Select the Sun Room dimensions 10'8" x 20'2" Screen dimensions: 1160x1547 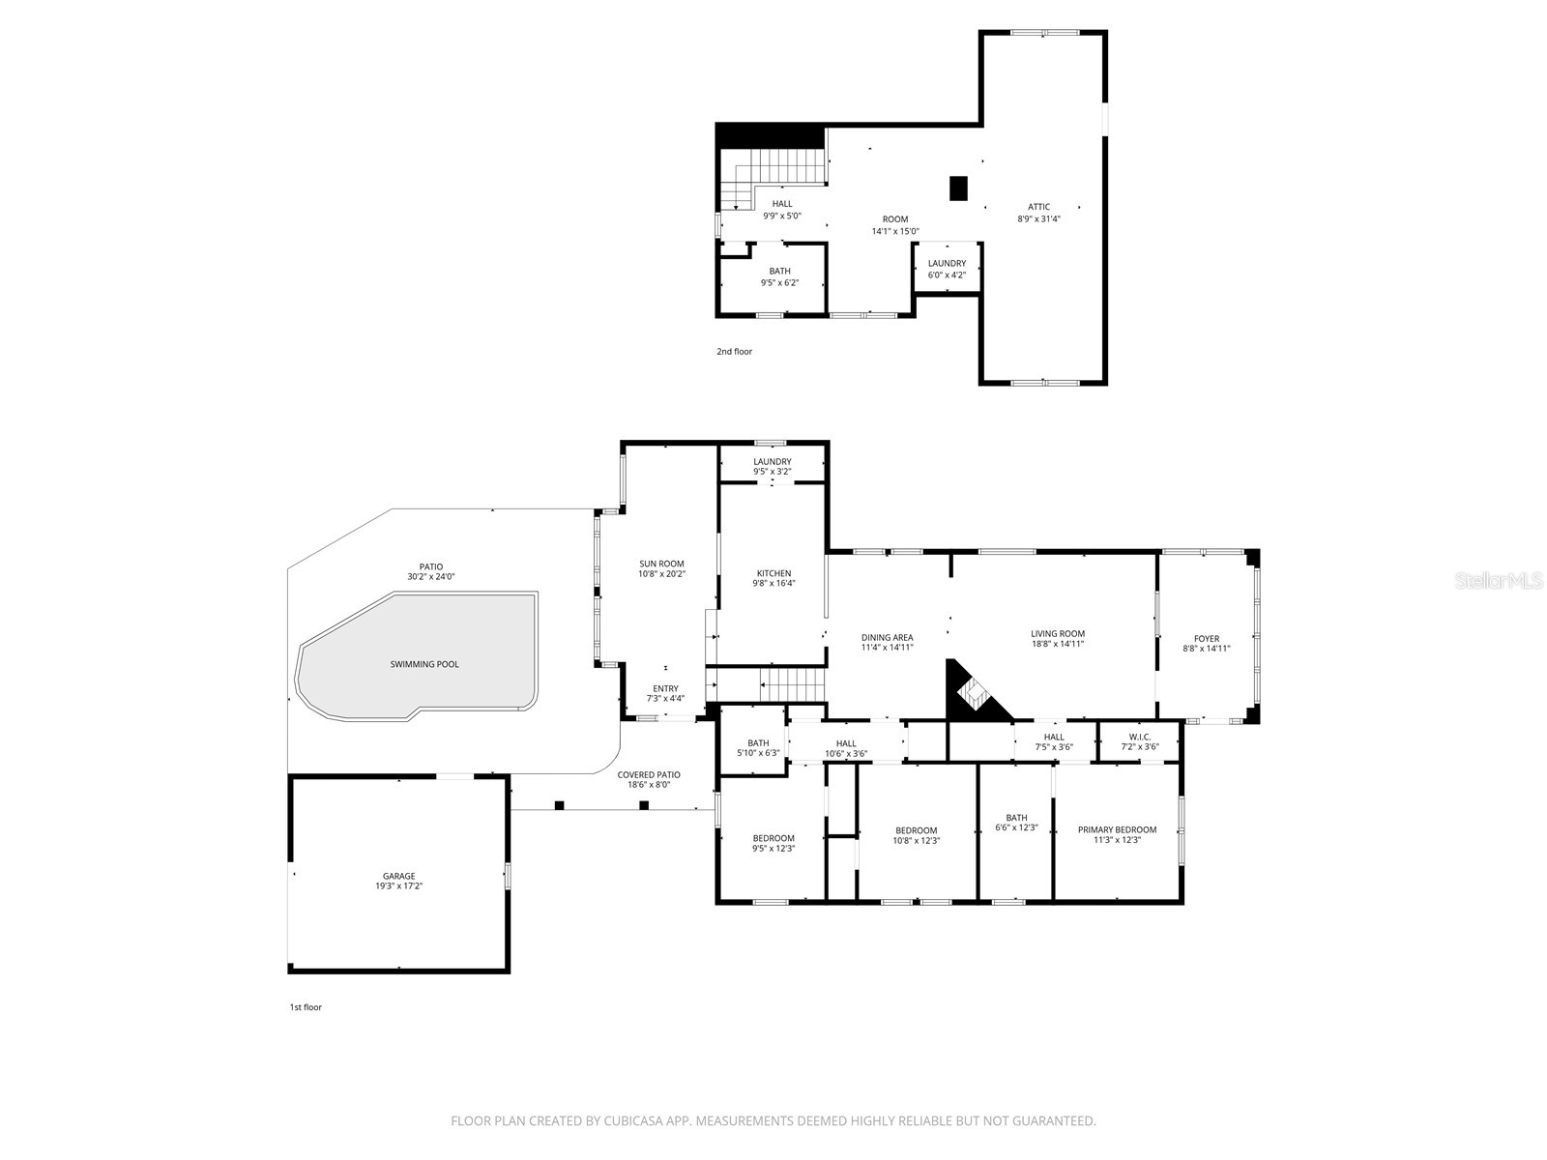click(x=661, y=574)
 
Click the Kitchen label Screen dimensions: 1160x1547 click(x=773, y=573)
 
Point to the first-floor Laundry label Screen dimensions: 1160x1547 click(x=773, y=461)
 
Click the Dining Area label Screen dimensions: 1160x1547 click(x=887, y=637)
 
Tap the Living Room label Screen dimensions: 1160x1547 click(x=1057, y=633)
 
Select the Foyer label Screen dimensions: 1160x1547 click(x=1206, y=638)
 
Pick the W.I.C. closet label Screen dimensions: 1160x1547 click(x=1139, y=737)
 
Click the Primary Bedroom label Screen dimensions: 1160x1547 click(x=1117, y=829)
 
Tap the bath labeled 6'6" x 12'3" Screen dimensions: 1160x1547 click(x=1015, y=823)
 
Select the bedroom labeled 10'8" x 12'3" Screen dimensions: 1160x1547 click(x=916, y=835)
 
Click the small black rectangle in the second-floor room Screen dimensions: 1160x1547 click(x=958, y=188)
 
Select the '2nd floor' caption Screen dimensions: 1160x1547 click(x=734, y=352)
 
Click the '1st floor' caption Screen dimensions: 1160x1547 click(x=306, y=1007)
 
